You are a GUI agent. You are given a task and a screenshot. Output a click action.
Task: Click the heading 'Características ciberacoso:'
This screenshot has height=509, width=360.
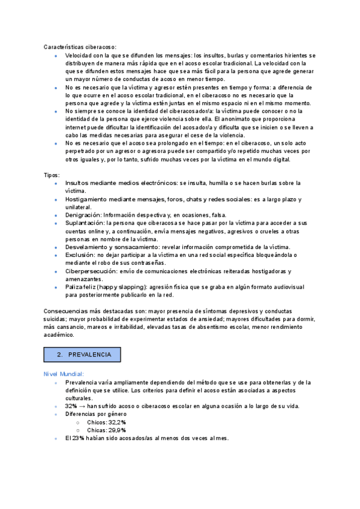80,47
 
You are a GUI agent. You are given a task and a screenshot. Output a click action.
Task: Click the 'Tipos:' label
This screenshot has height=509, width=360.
52,174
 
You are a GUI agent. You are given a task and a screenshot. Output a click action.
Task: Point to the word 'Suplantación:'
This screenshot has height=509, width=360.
85,223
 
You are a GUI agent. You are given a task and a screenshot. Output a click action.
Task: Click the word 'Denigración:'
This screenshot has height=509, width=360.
83,214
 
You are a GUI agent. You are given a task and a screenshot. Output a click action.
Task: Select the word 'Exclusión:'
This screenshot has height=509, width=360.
80,254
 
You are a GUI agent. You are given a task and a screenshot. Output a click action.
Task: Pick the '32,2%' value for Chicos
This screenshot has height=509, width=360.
115,422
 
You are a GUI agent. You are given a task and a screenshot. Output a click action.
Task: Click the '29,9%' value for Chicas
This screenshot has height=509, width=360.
116,430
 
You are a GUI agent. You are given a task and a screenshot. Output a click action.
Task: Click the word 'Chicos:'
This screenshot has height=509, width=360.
96,422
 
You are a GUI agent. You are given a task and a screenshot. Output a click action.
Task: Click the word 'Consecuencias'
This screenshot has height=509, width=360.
65,311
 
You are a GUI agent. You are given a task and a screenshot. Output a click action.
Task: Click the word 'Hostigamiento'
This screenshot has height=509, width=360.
86,199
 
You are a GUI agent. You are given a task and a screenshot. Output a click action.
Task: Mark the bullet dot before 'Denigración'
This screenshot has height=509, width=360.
56,215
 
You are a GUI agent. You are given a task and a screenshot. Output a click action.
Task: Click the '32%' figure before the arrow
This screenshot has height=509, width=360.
71,406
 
